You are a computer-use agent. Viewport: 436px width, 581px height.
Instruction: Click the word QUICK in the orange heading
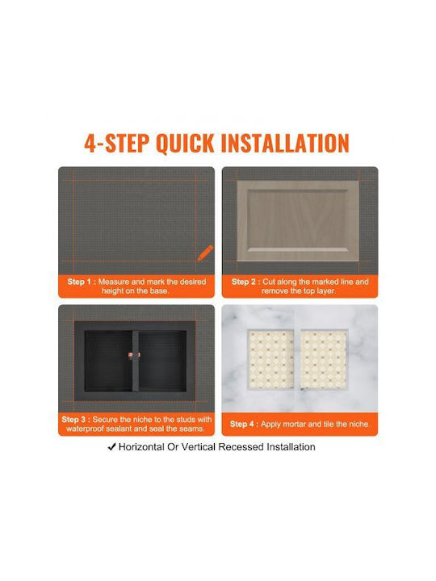click(x=185, y=143)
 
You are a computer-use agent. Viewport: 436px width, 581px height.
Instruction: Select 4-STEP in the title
click(x=116, y=143)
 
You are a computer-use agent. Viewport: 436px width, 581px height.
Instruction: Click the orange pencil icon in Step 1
click(x=205, y=253)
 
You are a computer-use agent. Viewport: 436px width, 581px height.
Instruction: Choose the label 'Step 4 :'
click(x=244, y=424)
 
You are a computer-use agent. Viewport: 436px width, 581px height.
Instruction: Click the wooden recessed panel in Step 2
click(x=298, y=221)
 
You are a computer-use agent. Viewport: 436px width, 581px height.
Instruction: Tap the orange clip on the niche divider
click(x=135, y=355)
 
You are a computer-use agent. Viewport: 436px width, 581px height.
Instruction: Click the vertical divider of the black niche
click(x=136, y=361)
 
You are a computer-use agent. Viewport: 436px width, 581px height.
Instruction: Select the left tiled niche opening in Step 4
click(x=271, y=359)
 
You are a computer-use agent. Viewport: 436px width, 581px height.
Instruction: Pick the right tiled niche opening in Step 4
click(x=324, y=359)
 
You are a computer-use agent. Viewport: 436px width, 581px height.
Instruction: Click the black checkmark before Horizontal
click(x=111, y=447)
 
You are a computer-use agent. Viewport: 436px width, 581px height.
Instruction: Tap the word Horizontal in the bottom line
click(x=141, y=447)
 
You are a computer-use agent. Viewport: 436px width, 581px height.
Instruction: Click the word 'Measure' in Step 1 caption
click(x=114, y=282)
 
